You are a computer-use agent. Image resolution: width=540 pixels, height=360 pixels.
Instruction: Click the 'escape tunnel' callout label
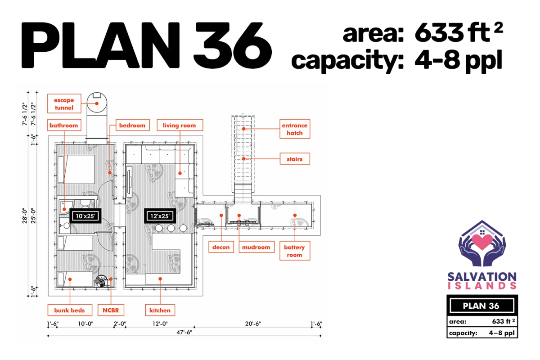click(x=64, y=103)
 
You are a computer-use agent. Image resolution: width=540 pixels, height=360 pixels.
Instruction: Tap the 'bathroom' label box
click(x=64, y=125)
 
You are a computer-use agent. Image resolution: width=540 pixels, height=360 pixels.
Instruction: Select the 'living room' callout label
click(x=180, y=125)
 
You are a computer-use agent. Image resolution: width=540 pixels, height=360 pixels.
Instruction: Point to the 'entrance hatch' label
click(x=295, y=129)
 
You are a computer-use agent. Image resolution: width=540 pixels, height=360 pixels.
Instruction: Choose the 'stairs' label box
click(x=295, y=159)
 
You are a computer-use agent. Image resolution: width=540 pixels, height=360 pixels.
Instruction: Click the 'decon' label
click(x=221, y=247)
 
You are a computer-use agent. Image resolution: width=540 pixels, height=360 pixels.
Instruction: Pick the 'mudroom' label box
click(x=256, y=247)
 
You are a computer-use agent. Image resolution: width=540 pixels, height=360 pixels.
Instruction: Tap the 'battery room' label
click(x=295, y=251)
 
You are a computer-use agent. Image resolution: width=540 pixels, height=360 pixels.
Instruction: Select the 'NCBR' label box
click(x=111, y=310)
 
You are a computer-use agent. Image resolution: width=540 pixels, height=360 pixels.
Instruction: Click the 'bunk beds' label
click(x=70, y=310)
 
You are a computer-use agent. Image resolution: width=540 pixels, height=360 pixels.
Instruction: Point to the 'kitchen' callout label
click(x=160, y=310)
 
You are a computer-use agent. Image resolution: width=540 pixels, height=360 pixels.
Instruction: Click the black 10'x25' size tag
click(x=85, y=216)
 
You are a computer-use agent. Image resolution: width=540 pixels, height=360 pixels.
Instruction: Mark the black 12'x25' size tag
click(x=160, y=216)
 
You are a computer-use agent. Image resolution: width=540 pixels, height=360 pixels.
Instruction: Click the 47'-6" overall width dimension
click(x=184, y=332)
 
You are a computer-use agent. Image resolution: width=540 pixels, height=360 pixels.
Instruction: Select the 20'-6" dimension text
click(x=253, y=324)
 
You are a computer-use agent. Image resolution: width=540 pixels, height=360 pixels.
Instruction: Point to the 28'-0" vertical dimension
click(x=25, y=216)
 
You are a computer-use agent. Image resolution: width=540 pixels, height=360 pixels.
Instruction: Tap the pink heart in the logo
click(x=482, y=242)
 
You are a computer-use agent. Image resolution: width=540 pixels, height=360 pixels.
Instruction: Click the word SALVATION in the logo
click(x=482, y=277)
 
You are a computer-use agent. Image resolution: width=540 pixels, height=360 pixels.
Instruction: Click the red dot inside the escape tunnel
click(x=97, y=103)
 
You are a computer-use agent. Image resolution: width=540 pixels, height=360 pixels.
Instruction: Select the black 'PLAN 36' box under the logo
click(x=482, y=306)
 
